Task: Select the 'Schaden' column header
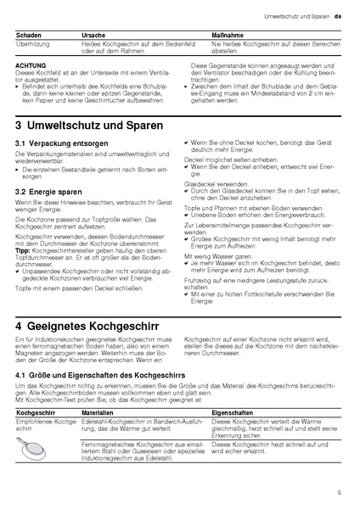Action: [30, 32]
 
